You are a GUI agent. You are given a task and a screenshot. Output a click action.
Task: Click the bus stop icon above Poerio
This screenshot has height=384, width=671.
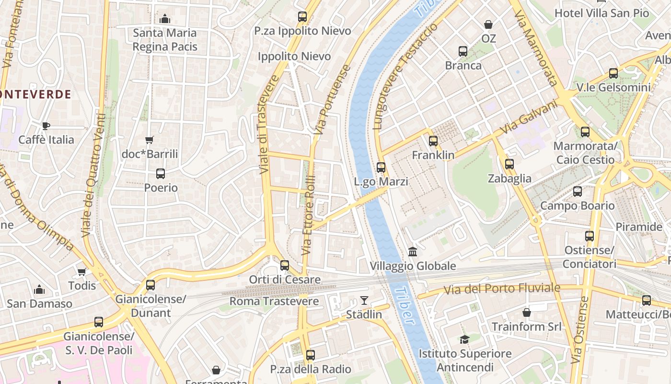coord(161,174)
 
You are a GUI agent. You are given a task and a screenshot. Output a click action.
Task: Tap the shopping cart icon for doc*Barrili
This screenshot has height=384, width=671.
coord(150,140)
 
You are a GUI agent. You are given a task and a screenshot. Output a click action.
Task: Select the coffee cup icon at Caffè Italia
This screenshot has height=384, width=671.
coord(46,126)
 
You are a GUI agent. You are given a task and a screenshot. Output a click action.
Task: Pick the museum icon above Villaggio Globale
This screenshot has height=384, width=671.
coord(412,252)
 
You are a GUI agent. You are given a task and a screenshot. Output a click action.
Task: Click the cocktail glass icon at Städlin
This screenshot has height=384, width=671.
coord(364,300)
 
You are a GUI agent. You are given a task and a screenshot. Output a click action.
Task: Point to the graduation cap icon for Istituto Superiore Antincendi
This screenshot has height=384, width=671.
coord(464,339)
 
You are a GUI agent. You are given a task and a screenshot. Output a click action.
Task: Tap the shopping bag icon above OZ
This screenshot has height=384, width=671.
coord(488,24)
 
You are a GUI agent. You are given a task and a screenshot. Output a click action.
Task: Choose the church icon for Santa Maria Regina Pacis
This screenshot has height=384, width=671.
coord(165,19)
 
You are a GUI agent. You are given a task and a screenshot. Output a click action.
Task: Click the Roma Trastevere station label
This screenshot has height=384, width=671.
coord(274,301)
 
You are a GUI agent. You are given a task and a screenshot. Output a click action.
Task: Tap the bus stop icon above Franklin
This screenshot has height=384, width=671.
coord(433,141)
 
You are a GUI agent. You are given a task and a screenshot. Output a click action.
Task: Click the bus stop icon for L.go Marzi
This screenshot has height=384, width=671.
coord(381,168)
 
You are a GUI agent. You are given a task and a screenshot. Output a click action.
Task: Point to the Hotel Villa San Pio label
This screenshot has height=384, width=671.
coord(602,13)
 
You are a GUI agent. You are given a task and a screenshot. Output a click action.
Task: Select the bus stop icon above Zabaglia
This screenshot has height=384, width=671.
coord(509,164)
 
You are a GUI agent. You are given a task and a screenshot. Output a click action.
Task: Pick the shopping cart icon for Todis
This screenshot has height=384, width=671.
coord(82,272)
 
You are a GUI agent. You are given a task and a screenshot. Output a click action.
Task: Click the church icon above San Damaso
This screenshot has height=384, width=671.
coord(39,289)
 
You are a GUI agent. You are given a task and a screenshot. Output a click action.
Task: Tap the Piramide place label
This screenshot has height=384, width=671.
coord(638,227)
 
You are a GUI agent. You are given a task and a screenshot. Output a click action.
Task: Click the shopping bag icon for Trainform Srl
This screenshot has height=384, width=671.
coord(526,312)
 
